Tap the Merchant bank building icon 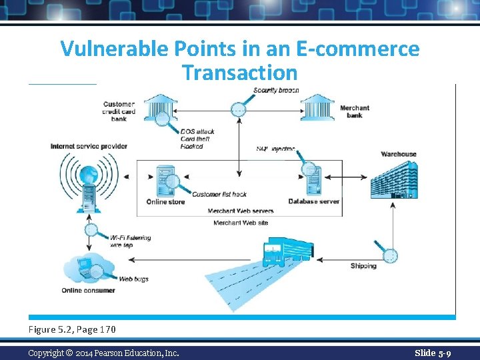(318, 107)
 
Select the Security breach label (276, 90)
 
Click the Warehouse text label (399, 154)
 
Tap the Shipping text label (363, 266)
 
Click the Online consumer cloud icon (87, 268)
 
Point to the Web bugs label (133, 279)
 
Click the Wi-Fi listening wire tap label (130, 241)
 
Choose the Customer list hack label (219, 194)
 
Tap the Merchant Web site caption (241, 223)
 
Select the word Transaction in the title (239, 72)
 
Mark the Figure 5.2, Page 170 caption (71, 329)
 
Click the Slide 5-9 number (433, 353)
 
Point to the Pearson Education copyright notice (103, 353)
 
